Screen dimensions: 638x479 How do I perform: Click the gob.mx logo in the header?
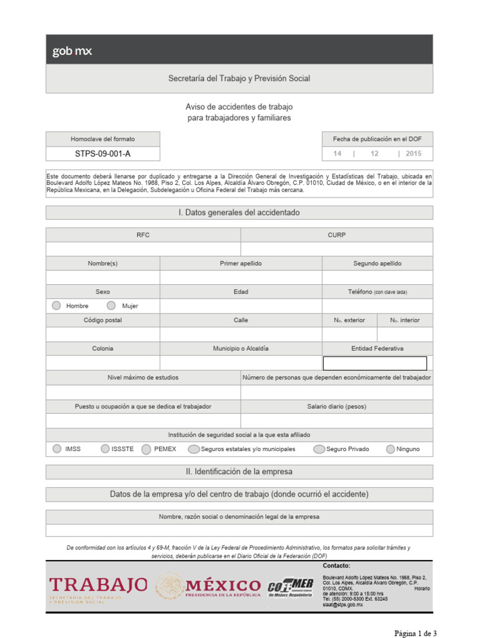[x=72, y=52]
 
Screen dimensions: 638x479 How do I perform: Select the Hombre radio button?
[x=57, y=305]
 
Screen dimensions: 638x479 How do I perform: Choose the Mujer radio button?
[x=111, y=305]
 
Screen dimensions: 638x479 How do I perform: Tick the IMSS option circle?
[x=57, y=449]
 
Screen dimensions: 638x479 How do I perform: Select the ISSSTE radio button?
[x=105, y=449]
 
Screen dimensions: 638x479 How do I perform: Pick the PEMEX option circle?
[x=147, y=449]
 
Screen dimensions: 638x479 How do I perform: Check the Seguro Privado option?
[x=319, y=449]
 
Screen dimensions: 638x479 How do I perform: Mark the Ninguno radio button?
[x=390, y=449]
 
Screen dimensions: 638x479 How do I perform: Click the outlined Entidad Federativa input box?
[x=374, y=363]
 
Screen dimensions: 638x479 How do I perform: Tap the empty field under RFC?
[x=143, y=249]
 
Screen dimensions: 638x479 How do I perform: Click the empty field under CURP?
[x=336, y=249]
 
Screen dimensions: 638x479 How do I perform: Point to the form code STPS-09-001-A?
[x=103, y=153]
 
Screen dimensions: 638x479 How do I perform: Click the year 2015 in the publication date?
[x=414, y=153]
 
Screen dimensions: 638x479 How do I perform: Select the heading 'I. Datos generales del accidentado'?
[x=239, y=212]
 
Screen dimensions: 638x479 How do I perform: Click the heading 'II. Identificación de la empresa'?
[x=239, y=472]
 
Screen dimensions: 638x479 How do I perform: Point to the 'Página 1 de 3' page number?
[x=415, y=633]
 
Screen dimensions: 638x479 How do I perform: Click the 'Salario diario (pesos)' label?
[x=336, y=406]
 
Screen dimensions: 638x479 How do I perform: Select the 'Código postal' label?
[x=103, y=320]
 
